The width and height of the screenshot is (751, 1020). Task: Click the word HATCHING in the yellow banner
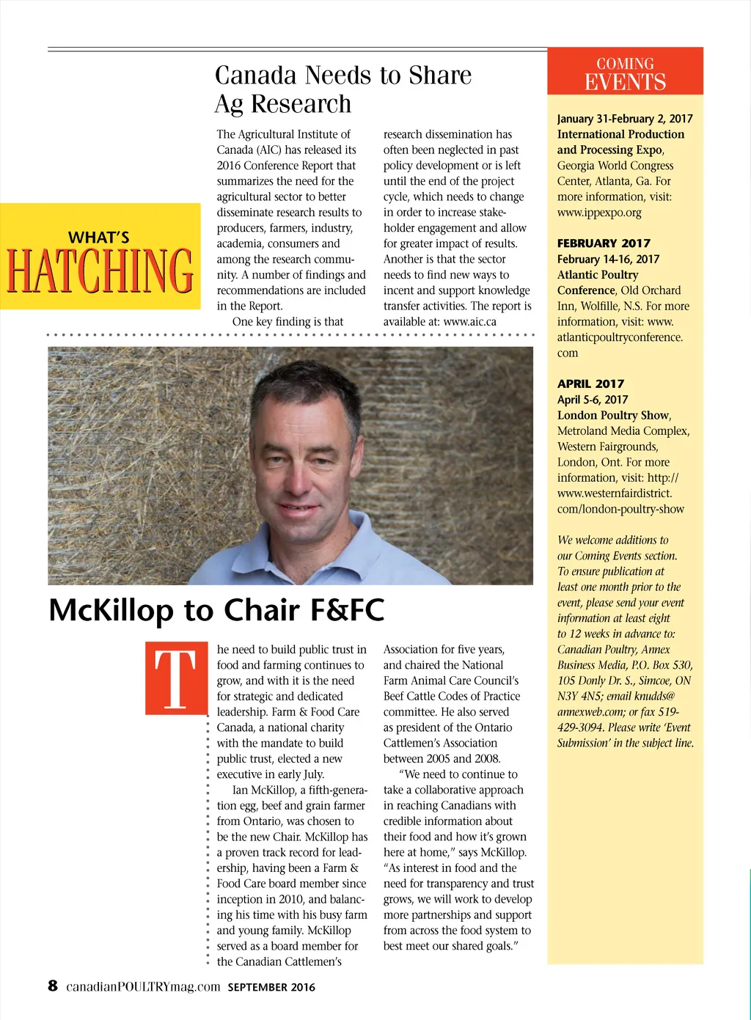[100, 270]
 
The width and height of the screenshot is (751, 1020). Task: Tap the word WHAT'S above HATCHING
[98, 238]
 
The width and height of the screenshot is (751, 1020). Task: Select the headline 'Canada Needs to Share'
[342, 76]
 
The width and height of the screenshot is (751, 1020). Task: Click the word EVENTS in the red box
[625, 81]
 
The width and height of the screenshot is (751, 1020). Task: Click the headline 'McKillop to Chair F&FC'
[216, 610]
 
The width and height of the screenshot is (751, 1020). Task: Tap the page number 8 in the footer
[53, 986]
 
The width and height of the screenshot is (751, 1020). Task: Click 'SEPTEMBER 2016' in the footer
[271, 987]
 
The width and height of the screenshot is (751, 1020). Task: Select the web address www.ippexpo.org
[599, 213]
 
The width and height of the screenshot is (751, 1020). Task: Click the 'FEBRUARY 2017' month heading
[604, 243]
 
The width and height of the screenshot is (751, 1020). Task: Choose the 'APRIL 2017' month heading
[590, 384]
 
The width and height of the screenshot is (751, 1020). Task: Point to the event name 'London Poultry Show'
[613, 415]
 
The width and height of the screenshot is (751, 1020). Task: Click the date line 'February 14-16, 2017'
[608, 259]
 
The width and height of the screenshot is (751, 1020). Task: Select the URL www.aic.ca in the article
[470, 321]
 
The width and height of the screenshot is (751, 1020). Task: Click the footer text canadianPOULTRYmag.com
[143, 987]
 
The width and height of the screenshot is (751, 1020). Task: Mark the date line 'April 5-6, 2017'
[593, 400]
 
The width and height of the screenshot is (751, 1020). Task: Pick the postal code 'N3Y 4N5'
[577, 696]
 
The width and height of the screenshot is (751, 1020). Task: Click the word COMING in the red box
[625, 64]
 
